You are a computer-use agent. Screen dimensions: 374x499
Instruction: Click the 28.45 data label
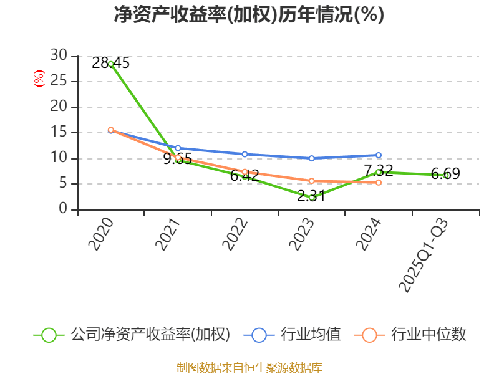click(110, 63)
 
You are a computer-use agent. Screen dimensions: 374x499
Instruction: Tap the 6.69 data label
click(445, 174)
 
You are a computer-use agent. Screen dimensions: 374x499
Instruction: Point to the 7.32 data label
click(379, 170)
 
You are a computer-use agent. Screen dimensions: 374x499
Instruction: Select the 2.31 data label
click(311, 196)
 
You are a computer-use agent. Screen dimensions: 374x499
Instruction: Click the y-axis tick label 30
click(59, 55)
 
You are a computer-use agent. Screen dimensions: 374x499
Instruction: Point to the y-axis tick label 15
click(59, 133)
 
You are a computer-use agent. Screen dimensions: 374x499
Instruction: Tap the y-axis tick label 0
click(63, 209)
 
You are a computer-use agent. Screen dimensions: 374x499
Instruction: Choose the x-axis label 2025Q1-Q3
click(424, 256)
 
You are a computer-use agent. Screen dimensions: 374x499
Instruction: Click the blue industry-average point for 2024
click(379, 155)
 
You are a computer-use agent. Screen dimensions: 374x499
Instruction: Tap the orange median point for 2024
click(379, 183)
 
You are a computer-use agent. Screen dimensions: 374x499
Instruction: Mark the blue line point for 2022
click(245, 154)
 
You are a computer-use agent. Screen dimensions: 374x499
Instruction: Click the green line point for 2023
click(311, 198)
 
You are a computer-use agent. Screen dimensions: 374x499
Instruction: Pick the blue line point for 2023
click(311, 158)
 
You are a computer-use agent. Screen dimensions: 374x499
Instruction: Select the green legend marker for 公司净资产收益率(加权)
click(49, 335)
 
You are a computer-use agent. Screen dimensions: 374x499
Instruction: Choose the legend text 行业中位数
click(429, 335)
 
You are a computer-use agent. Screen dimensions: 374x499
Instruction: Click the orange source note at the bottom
click(249, 367)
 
